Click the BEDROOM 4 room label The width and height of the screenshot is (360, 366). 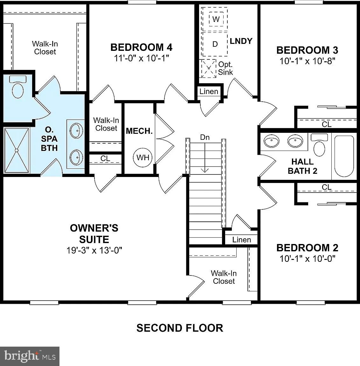(x=141, y=47)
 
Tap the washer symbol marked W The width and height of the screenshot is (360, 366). (x=216, y=19)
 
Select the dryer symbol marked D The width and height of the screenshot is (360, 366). (x=215, y=44)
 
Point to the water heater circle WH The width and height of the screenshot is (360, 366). (x=143, y=157)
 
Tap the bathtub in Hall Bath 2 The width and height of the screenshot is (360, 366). (x=344, y=157)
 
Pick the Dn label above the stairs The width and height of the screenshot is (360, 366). (x=205, y=137)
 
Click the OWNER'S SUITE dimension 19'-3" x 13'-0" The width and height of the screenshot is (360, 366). (x=94, y=250)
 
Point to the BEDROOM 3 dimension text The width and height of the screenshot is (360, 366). (x=308, y=61)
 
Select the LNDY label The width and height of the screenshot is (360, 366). (x=241, y=41)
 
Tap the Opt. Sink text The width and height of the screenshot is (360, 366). (x=225, y=68)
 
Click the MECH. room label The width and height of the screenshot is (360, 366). (x=139, y=131)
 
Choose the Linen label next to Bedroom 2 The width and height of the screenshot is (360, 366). (x=241, y=240)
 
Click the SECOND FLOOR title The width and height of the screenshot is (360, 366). (x=180, y=328)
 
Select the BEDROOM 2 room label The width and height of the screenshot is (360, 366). (x=307, y=247)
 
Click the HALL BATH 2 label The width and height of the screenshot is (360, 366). (x=302, y=166)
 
